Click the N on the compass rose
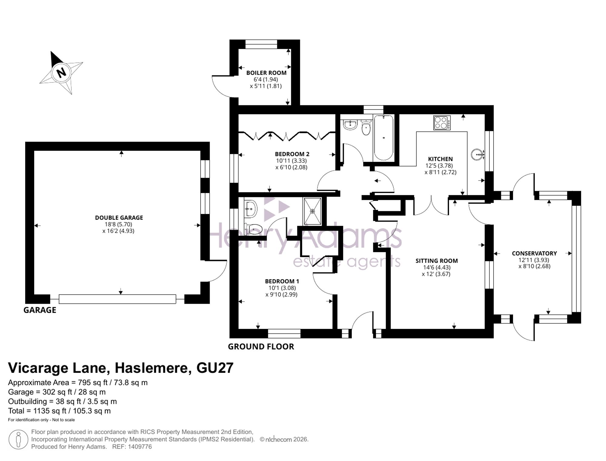tap(61, 72)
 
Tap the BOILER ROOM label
tap(266, 73)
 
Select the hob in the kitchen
tap(442, 123)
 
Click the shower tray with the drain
tap(312, 211)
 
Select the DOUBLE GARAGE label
tap(119, 218)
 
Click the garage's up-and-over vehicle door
tap(117, 299)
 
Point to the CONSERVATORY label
tap(534, 253)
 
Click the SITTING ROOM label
tap(436, 261)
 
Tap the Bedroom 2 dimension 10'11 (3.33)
tap(291, 161)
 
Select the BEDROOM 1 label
tap(282, 281)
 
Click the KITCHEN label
tap(440, 159)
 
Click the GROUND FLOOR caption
tap(261, 346)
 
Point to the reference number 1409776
tap(140, 447)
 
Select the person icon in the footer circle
tap(18, 440)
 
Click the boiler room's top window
tap(261, 45)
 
